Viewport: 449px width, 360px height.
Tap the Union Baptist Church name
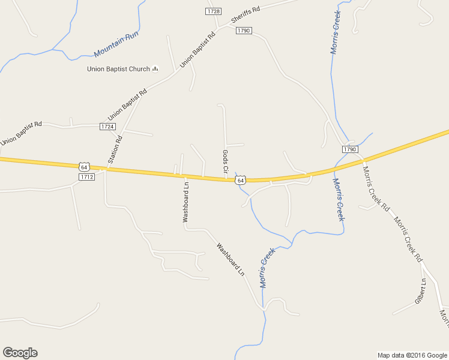pyautogui.click(x=118, y=69)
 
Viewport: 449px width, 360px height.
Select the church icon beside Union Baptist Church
pyautogui.click(x=155, y=69)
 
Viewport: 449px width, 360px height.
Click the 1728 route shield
pyautogui.click(x=213, y=11)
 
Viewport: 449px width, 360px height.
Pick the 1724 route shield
pyautogui.click(x=107, y=127)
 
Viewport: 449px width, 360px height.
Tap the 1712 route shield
pyautogui.click(x=86, y=177)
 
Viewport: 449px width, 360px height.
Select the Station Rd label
pyautogui.click(x=115, y=150)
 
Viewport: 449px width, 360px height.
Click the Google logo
pyautogui.click(x=20, y=353)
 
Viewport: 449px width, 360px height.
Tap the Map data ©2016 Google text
pyautogui.click(x=412, y=355)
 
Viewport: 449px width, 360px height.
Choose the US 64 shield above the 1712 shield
pyautogui.click(x=84, y=167)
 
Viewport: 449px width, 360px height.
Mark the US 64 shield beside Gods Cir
pyautogui.click(x=241, y=180)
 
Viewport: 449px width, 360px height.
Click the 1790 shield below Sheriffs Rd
pyautogui.click(x=243, y=31)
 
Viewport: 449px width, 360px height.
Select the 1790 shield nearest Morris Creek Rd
pyautogui.click(x=350, y=149)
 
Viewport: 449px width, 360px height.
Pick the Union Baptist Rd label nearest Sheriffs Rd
pyautogui.click(x=197, y=49)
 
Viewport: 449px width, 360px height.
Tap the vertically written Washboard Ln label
pyautogui.click(x=186, y=202)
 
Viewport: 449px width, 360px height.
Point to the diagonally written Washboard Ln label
pyautogui.click(x=231, y=259)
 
